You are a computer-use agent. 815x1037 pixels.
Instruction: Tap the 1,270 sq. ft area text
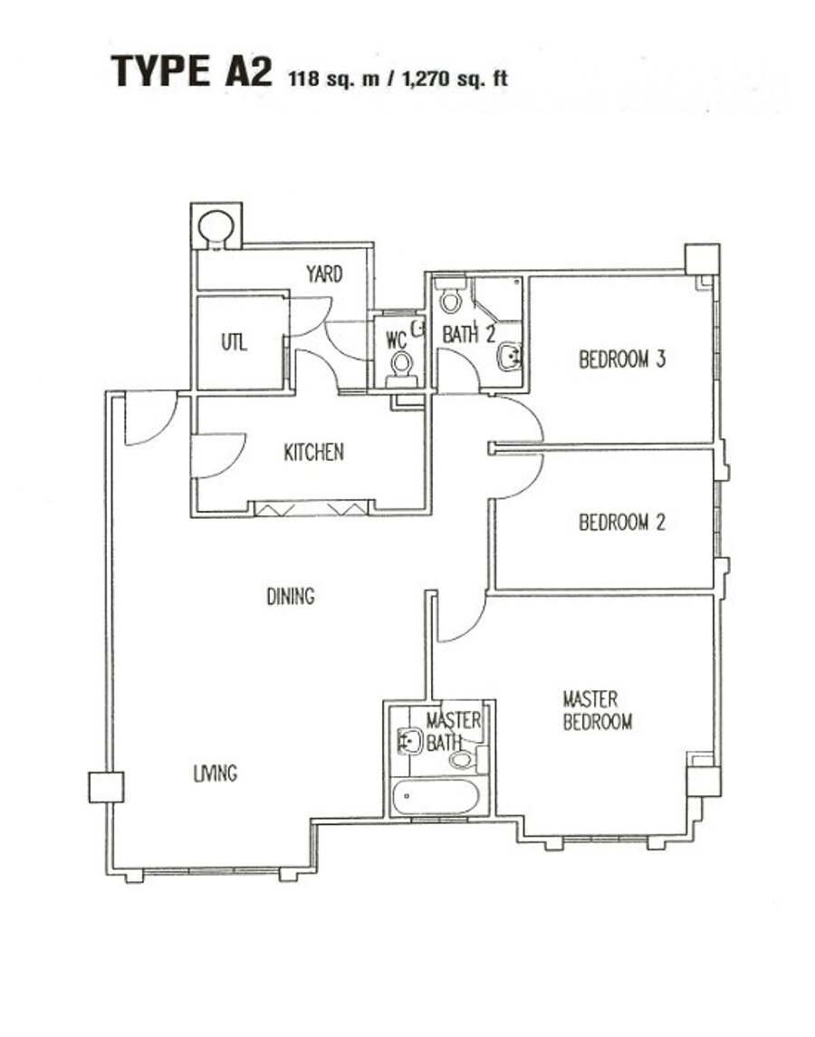(455, 78)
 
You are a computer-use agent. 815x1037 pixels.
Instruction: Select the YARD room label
(324, 274)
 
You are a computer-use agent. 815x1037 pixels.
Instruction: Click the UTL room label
(235, 342)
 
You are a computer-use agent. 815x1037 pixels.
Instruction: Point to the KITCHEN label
(313, 452)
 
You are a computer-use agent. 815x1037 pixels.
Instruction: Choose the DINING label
(291, 597)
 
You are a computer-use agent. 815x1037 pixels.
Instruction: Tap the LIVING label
(215, 773)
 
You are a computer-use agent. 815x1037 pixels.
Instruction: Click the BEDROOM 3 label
(622, 360)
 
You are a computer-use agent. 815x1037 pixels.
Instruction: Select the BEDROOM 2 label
(622, 523)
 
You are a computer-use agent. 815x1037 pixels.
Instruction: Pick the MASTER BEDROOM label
(597, 710)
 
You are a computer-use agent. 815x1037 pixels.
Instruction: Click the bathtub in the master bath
(434, 798)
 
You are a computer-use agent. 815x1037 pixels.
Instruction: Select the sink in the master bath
(409, 742)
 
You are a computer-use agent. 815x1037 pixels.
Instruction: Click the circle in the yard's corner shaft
(216, 226)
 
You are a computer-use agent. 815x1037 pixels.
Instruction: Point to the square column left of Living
(106, 787)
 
